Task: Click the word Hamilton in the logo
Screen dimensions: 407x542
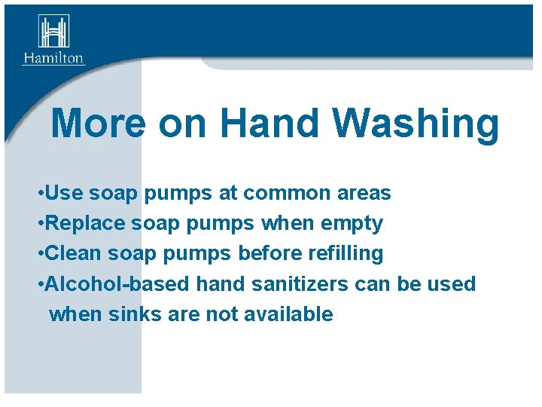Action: point(53,58)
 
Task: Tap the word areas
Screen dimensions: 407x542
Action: point(364,194)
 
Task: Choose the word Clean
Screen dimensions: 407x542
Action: point(74,254)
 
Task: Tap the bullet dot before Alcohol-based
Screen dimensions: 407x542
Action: point(39,285)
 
